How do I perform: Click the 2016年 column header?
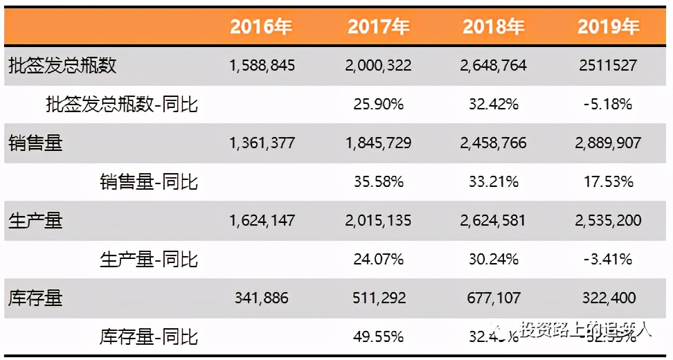(x=261, y=27)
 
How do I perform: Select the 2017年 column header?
(x=378, y=27)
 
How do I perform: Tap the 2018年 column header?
(x=493, y=27)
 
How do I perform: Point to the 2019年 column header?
(x=608, y=27)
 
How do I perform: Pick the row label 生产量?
(x=35, y=221)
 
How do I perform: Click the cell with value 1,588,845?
(x=262, y=66)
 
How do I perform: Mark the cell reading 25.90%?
(x=378, y=105)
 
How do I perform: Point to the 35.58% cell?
(x=378, y=182)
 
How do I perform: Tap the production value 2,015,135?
(x=378, y=221)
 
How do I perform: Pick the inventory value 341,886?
(x=262, y=298)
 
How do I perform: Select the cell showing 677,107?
(x=493, y=298)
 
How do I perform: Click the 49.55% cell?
(x=378, y=337)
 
